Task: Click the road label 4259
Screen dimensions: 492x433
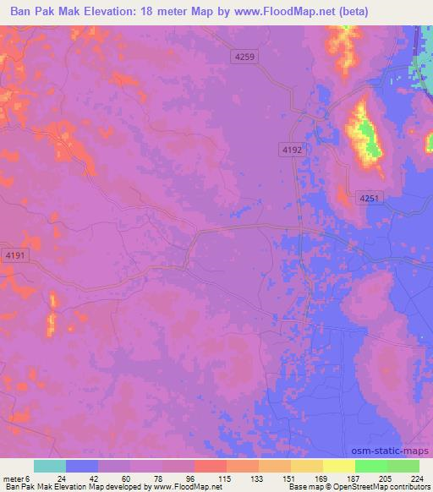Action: click(x=244, y=55)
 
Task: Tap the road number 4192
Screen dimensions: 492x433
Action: click(x=292, y=149)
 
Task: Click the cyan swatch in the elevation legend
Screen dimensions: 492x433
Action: click(x=50, y=466)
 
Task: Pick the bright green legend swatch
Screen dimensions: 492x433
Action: click(x=371, y=466)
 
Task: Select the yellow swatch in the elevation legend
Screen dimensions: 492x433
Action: click(x=339, y=466)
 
